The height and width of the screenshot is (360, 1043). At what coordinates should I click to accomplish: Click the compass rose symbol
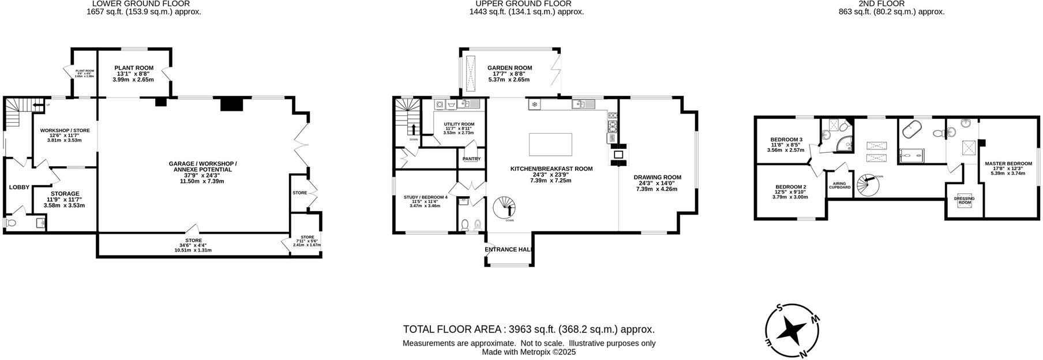click(791, 331)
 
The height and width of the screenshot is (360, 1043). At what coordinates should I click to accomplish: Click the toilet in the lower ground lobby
click(10, 223)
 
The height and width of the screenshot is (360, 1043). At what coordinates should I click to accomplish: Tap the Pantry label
click(471, 159)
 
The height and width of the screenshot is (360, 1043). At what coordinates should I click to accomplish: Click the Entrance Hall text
click(508, 249)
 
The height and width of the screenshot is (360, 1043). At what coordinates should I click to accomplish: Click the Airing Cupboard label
click(839, 185)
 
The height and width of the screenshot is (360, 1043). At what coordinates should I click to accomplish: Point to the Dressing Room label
click(964, 200)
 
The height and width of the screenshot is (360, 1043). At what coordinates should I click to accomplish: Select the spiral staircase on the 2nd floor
click(866, 186)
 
